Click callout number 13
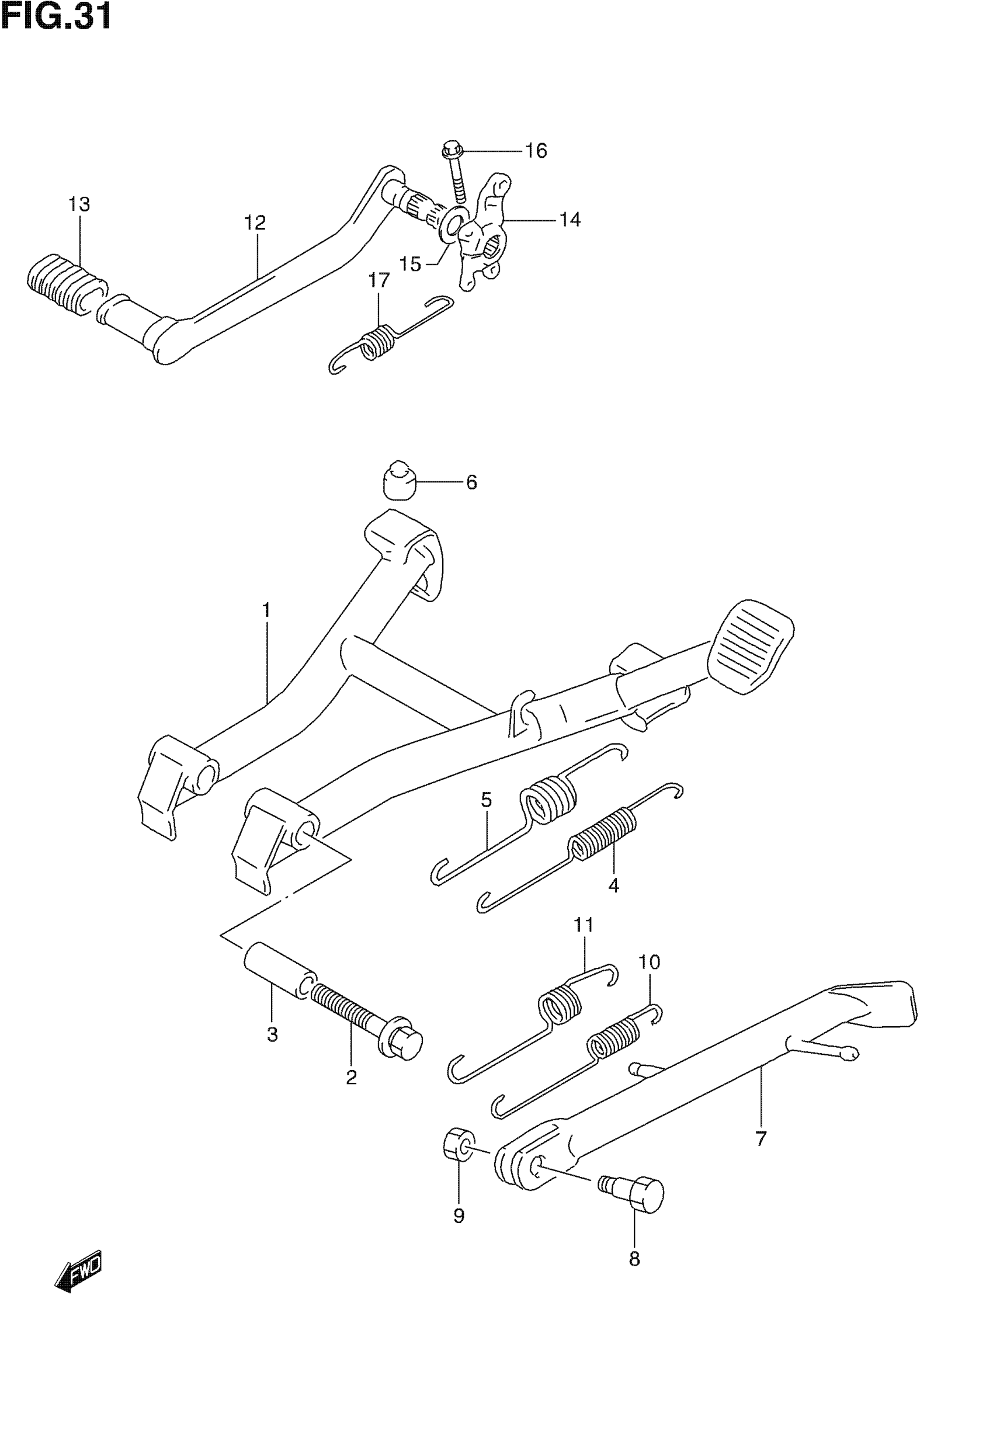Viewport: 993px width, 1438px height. click(x=79, y=204)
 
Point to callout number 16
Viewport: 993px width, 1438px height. click(x=536, y=151)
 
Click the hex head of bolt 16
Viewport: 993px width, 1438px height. click(x=451, y=150)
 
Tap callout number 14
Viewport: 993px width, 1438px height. click(x=570, y=220)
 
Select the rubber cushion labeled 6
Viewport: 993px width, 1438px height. click(x=398, y=480)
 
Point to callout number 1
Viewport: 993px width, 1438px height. click(x=266, y=611)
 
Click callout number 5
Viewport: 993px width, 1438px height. click(x=486, y=800)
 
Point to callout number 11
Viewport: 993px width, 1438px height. click(x=584, y=943)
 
